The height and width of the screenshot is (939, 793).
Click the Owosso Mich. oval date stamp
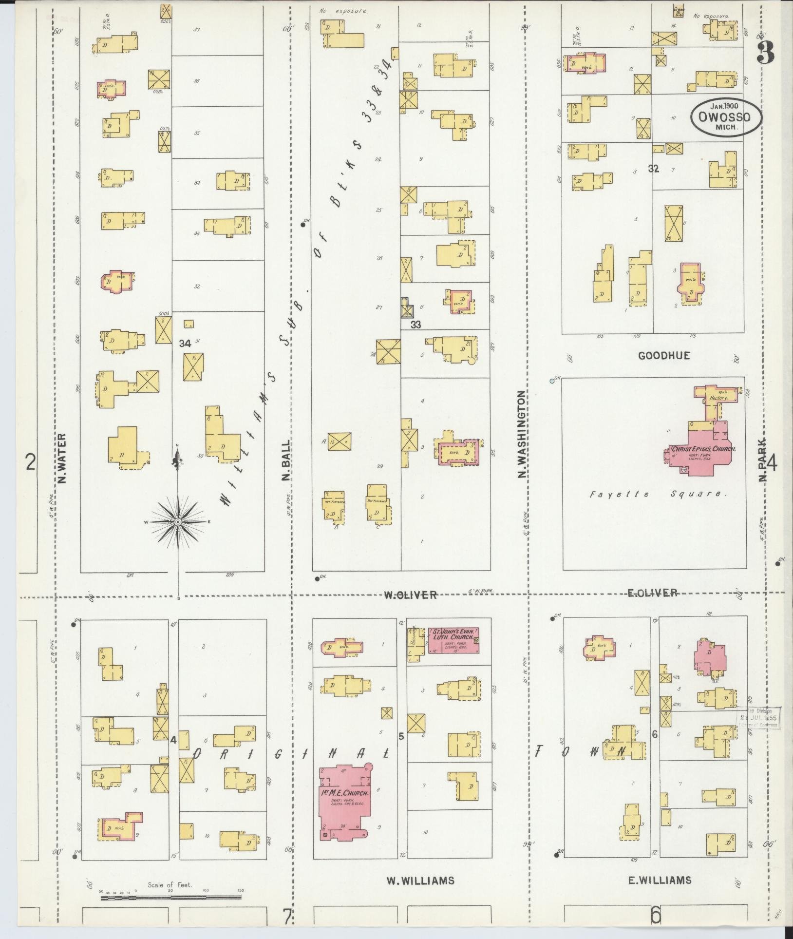point(725,117)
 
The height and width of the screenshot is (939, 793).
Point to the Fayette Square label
point(658,495)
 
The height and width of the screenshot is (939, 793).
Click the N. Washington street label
point(523,434)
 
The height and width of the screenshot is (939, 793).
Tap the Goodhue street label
point(664,356)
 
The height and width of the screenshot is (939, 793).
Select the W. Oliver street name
point(410,595)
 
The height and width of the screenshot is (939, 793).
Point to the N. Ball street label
point(286,460)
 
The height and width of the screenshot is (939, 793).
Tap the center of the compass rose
point(178,522)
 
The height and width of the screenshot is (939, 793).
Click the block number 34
point(185,344)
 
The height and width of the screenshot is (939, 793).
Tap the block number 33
point(415,325)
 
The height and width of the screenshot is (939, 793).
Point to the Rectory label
point(718,398)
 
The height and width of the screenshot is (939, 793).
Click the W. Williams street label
point(420,881)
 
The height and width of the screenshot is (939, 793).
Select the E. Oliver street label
point(652,593)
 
